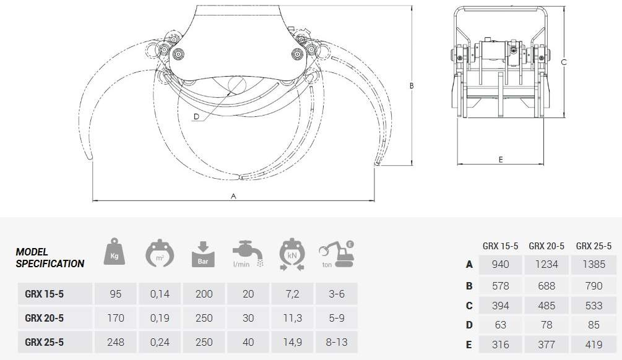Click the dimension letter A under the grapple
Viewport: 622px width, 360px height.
[233, 196]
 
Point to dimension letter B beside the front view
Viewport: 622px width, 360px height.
[412, 85]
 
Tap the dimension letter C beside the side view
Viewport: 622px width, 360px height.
[564, 62]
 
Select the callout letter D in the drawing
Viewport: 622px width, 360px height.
[196, 116]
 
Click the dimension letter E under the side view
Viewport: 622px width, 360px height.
[501, 160]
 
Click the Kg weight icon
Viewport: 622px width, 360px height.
[114, 252]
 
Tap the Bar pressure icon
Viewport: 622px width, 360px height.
[203, 254]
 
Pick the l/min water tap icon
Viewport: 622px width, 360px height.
[248, 254]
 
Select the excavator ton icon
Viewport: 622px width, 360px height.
[337, 255]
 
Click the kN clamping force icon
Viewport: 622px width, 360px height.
[292, 255]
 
